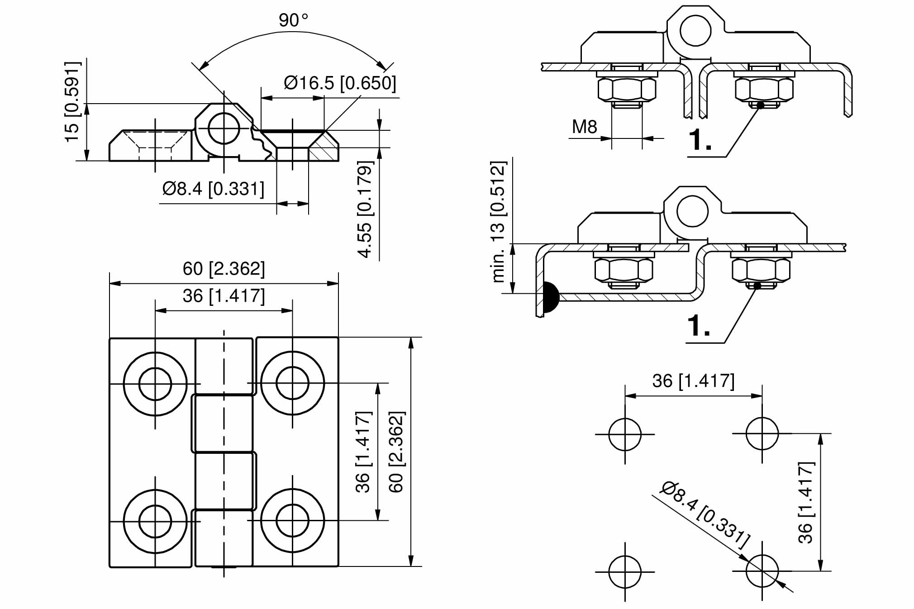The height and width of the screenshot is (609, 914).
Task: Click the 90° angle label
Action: [x=293, y=20]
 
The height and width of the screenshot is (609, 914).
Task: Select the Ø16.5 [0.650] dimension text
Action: [x=340, y=83]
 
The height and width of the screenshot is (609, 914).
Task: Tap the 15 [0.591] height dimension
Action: [x=72, y=102]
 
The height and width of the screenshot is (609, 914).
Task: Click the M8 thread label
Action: [x=584, y=127]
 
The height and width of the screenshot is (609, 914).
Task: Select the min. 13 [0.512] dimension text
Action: [x=498, y=221]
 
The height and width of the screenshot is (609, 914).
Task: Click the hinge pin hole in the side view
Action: [x=224, y=128]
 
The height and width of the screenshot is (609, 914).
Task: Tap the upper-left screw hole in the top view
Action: [x=155, y=384]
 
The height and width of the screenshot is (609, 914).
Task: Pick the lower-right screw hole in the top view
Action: [x=292, y=521]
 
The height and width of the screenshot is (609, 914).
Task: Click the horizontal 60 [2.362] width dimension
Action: [x=224, y=269]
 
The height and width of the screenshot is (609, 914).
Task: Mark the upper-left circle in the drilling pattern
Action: [x=625, y=434]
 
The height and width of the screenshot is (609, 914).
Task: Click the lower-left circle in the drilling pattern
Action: [x=625, y=572]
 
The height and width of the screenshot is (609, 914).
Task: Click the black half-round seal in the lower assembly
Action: [x=550, y=297]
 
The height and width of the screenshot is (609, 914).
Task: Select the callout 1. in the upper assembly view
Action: [x=700, y=140]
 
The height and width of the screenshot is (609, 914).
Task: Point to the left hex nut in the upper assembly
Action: [x=627, y=90]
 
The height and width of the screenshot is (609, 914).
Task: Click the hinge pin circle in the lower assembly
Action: [x=692, y=211]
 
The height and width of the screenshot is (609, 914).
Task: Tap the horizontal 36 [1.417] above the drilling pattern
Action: [x=693, y=381]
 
